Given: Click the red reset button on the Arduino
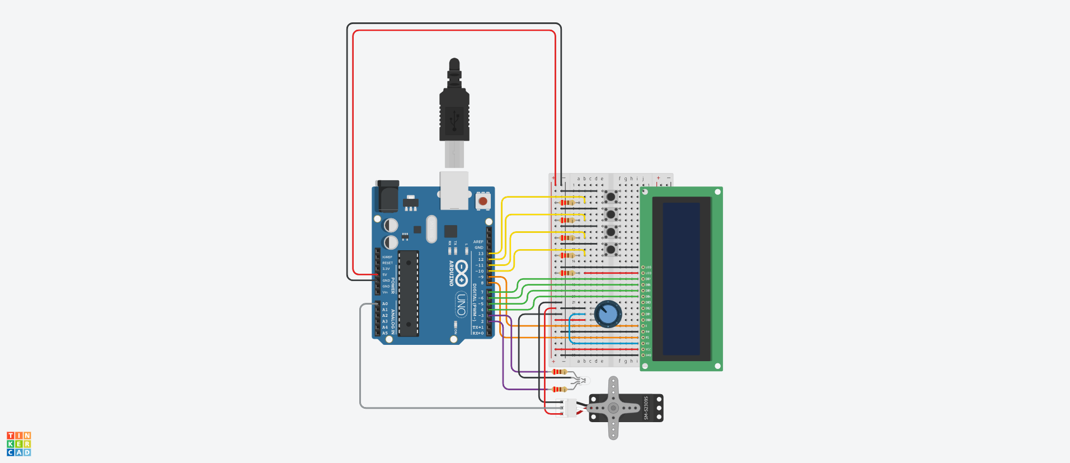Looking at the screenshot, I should (483, 200).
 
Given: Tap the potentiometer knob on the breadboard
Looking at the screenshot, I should (608, 314).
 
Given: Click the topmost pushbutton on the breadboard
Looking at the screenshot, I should (611, 197).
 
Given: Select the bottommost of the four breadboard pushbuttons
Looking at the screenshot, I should (611, 249).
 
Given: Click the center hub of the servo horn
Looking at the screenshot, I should (613, 408).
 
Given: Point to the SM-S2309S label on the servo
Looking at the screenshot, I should (646, 408).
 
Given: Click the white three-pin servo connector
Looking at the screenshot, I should (569, 408).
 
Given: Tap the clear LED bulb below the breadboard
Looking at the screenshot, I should (584, 381).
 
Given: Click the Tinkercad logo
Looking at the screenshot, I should (19, 443).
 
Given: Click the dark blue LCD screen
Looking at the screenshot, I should (681, 278).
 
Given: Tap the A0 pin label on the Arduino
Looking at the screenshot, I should (385, 304).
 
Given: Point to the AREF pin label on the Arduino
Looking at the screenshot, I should (478, 242).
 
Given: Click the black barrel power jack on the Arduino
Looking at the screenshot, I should (387, 195).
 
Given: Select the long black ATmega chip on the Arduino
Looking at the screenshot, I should (409, 293).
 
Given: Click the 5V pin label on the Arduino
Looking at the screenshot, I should (385, 275).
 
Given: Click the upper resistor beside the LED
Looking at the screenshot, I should (559, 372).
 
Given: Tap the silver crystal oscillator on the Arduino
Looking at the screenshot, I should (431, 229).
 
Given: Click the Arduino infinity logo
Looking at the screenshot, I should (461, 273).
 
